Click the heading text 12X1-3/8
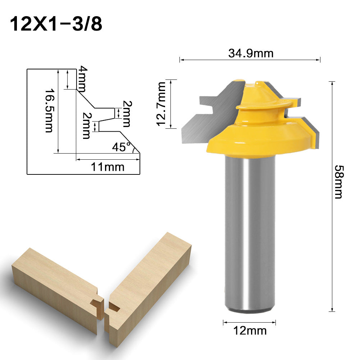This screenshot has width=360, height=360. (x=55, y=24)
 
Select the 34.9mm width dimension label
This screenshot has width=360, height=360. (x=250, y=53)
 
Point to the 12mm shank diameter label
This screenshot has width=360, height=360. (x=250, y=331)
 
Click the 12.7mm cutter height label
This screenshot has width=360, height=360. (x=161, y=104)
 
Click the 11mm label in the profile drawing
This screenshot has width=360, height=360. (x=108, y=167)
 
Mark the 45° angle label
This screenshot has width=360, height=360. (x=121, y=147)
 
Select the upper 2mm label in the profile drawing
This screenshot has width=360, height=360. (x=126, y=113)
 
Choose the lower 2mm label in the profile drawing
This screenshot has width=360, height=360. (x=86, y=126)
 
